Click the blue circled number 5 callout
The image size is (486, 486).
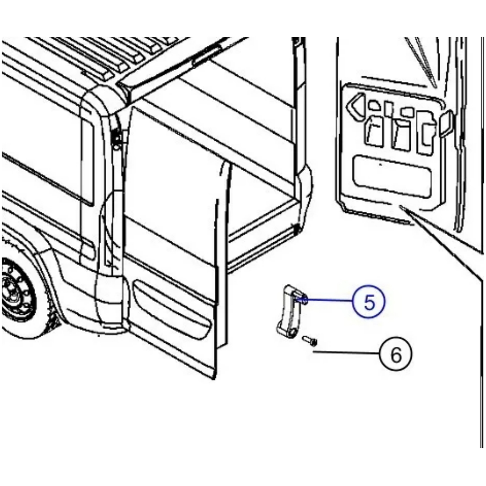(x=369, y=301)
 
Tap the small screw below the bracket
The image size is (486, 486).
(x=310, y=340)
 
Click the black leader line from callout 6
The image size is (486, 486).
(x=346, y=352)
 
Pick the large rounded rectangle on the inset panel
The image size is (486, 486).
(x=392, y=176)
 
